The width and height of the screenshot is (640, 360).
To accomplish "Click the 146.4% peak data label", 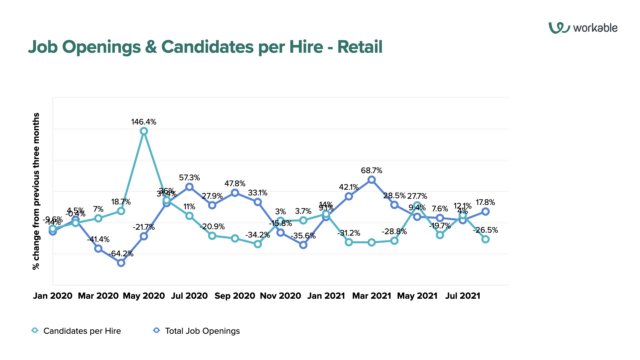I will coord(144,121).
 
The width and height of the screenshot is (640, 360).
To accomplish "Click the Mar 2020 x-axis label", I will coord(98,296).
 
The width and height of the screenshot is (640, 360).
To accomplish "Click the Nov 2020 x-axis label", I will coord(281,296).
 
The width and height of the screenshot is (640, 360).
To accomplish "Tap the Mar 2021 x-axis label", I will coord(372,296).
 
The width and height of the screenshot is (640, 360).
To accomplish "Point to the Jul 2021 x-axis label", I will coord(463,296).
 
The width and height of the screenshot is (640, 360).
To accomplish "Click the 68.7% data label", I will coord(372,170).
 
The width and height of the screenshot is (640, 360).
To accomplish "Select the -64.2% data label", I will coord(122,254).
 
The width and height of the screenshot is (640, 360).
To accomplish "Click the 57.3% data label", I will coord(190,177).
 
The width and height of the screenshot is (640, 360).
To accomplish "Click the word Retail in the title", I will coord(355,46).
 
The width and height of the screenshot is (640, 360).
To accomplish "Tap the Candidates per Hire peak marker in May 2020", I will coord(144,131).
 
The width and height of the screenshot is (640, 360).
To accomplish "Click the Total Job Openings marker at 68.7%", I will coord(372,180).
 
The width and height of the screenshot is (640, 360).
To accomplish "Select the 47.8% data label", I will coord(235,183).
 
